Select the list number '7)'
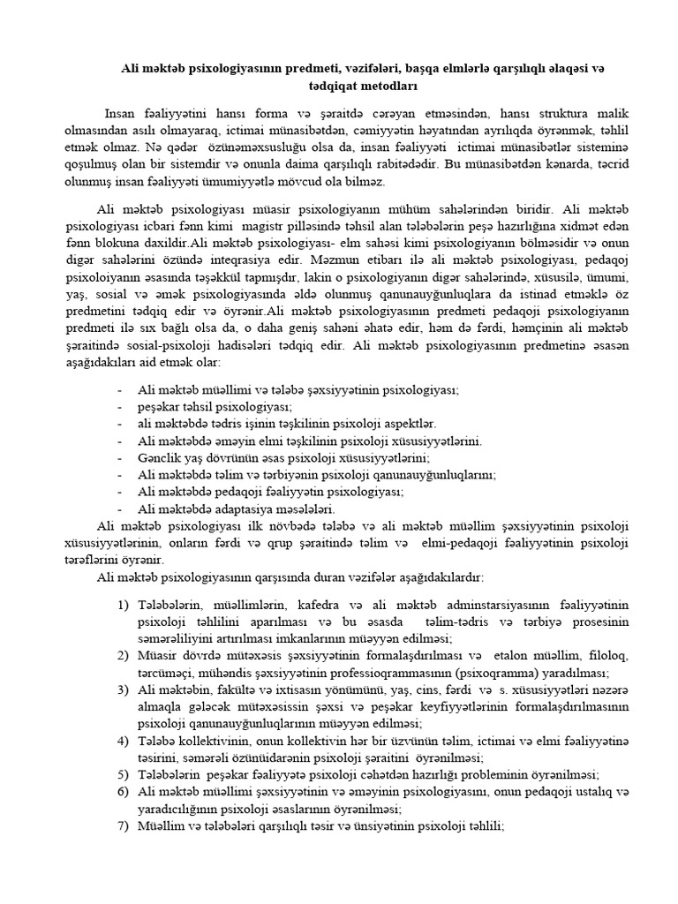123,825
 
